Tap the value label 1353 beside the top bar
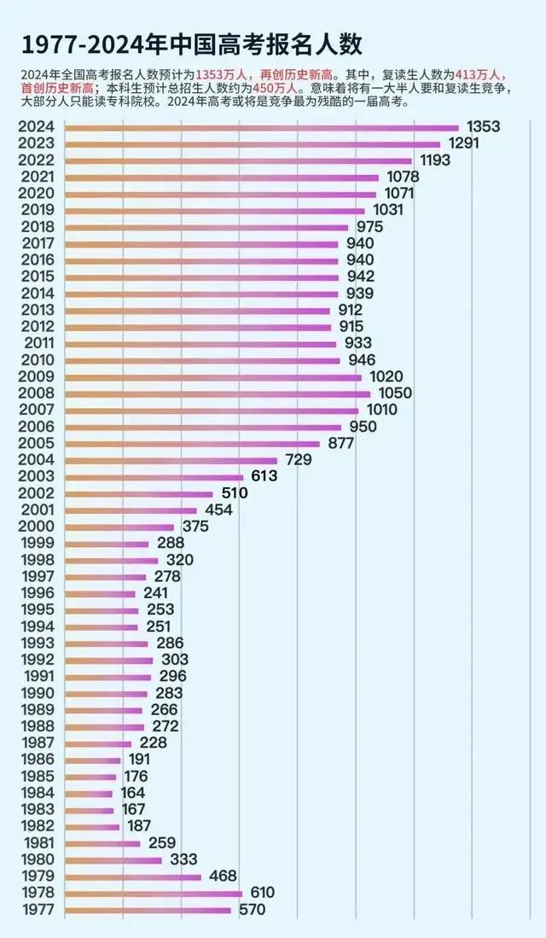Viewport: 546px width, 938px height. coord(483,127)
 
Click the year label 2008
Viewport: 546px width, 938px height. coord(36,393)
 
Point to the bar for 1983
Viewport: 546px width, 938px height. coord(89,810)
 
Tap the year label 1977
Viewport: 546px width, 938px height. coord(36,910)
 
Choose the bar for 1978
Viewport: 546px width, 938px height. coord(154,894)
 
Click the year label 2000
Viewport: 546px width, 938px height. coord(36,527)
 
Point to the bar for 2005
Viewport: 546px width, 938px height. coord(192,444)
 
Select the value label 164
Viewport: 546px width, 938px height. coord(132,793)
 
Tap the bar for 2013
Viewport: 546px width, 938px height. coord(197,311)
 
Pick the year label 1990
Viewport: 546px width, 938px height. coord(36,693)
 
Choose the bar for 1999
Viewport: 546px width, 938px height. coord(107,544)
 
